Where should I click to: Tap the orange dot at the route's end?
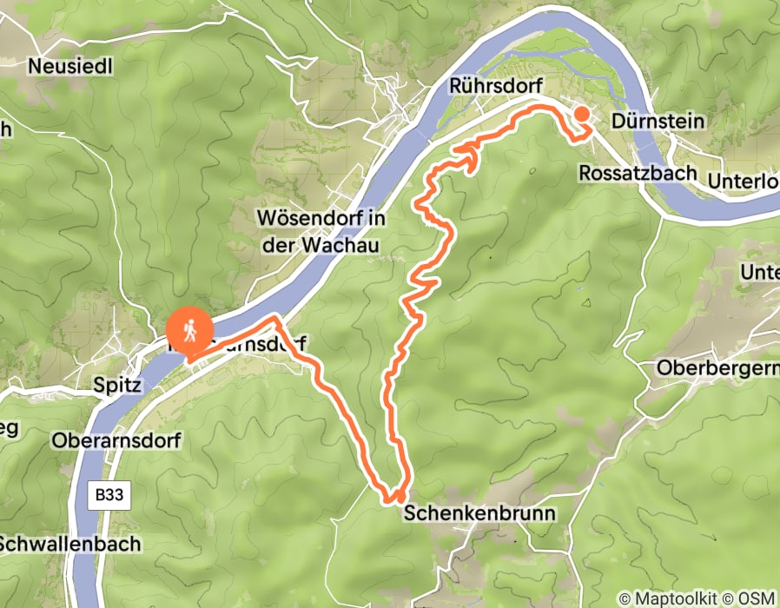[580, 115]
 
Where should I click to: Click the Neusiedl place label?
[71, 66]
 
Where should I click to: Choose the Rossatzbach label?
[638, 173]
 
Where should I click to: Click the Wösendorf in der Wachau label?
[321, 230]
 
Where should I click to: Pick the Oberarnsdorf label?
[116, 441]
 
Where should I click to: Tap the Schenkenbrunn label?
[479, 513]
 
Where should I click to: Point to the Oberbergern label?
[717, 367]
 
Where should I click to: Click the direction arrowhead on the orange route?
[470, 154]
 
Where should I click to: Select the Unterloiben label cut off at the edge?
[744, 182]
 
